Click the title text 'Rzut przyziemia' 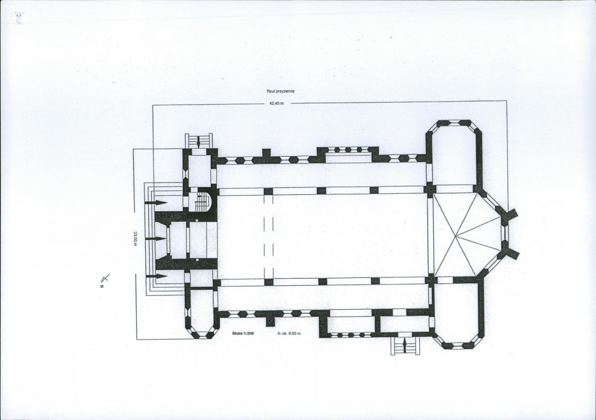tap(281, 91)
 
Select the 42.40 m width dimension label tap(277, 103)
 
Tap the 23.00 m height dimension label tap(134, 238)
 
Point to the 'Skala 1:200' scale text tap(243, 334)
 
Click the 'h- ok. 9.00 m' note tap(289, 334)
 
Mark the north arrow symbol tap(104, 280)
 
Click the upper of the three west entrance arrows tap(157, 203)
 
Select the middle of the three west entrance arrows tap(157, 239)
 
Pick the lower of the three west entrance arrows tap(157, 276)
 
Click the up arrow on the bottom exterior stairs tap(404, 345)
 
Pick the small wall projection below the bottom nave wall tap(270, 321)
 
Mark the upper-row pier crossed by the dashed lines tap(268, 191)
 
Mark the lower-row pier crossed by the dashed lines tap(269, 282)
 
